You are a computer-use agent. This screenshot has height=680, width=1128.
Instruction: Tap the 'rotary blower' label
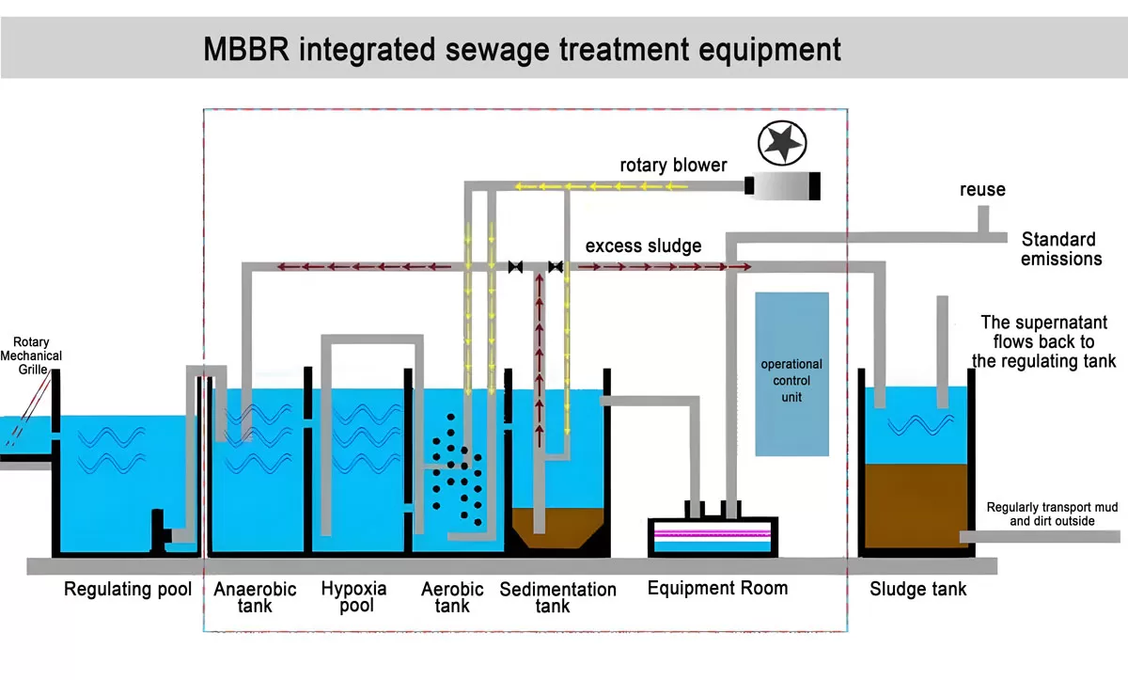click(673, 166)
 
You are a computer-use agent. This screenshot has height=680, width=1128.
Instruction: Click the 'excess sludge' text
click(643, 246)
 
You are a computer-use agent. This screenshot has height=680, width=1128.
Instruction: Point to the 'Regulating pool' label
click(128, 590)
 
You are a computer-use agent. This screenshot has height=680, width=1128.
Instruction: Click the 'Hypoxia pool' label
click(353, 596)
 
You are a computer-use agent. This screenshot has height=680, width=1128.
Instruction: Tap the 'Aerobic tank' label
click(452, 597)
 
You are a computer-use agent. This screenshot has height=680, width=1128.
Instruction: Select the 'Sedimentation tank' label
click(557, 597)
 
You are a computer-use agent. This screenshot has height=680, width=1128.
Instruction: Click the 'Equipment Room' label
click(717, 588)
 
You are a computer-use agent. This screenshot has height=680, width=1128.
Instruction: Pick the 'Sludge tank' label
click(917, 590)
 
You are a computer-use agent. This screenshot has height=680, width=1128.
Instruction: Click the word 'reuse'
click(982, 190)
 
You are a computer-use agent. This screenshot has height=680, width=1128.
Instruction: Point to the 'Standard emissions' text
click(1060, 249)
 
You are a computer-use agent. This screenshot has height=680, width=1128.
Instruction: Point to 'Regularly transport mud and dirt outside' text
click(1052, 514)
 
